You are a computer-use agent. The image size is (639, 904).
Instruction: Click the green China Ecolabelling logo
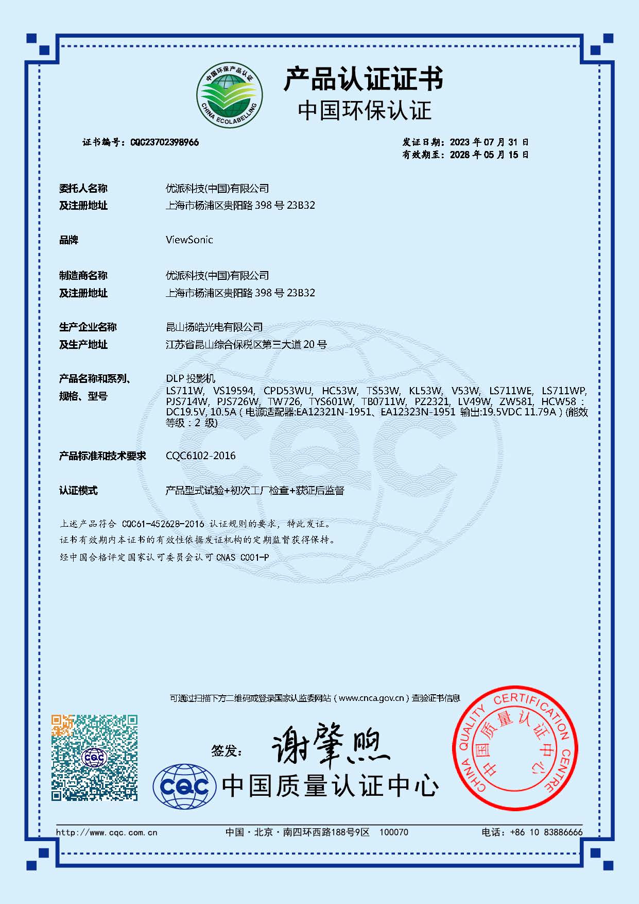229,96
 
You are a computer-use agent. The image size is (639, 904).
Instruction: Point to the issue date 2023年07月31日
489,142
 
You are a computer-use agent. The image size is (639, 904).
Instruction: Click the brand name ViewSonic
189,240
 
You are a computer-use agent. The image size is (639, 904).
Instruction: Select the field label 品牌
68,240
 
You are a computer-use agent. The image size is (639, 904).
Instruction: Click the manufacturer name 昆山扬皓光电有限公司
214,327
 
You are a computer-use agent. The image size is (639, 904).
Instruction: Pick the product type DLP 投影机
191,379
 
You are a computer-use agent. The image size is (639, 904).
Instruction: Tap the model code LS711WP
564,391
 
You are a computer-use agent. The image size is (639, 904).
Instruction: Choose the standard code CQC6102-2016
201,456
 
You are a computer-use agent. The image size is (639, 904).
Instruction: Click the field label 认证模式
78,491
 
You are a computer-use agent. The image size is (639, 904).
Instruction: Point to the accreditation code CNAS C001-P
243,557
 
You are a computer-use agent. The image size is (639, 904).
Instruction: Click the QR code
94,757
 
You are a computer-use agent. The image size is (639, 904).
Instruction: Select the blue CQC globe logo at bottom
184,786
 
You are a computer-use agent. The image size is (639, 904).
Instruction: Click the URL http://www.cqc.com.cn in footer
107,832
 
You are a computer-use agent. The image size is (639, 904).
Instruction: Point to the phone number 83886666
563,832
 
